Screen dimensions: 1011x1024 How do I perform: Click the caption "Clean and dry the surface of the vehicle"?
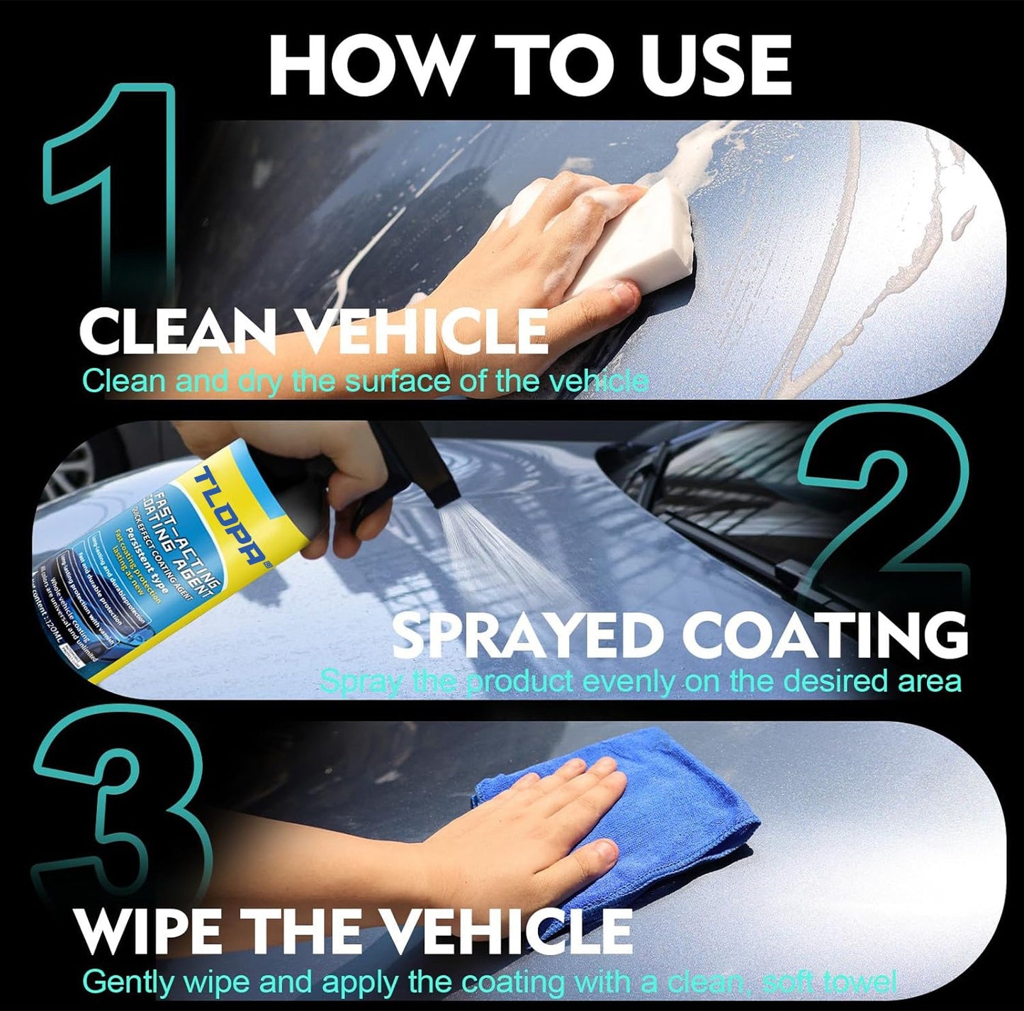pos(365,382)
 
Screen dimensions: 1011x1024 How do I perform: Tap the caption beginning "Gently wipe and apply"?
pos(489,983)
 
